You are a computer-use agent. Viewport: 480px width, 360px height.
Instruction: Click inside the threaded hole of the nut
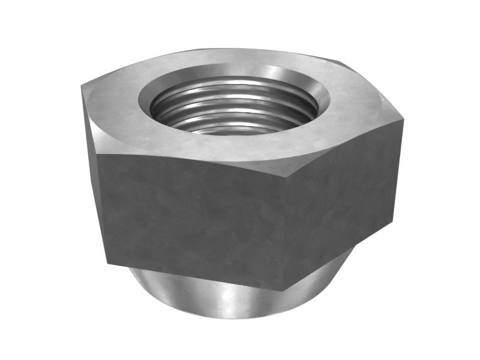click(234, 111)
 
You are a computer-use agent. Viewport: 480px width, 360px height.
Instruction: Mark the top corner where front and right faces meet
click(292, 174)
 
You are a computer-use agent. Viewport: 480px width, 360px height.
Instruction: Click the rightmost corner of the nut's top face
click(403, 120)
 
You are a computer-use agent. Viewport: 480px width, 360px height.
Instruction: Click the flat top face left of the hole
click(114, 102)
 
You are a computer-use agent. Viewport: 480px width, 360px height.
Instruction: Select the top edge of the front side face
click(192, 163)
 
